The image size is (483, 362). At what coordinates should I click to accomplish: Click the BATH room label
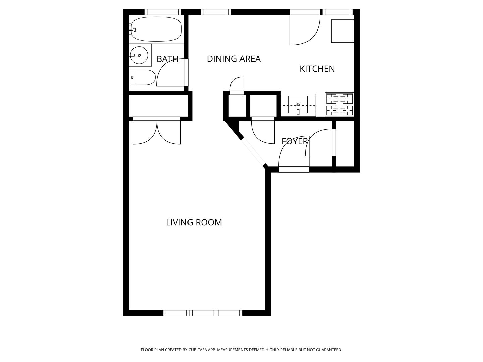pyautogui.click(x=167, y=59)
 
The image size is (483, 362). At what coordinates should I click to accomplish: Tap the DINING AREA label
pyautogui.click(x=234, y=59)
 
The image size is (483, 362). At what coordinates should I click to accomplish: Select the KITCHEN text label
pyautogui.click(x=317, y=69)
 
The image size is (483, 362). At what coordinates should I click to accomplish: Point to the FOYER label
pyautogui.click(x=294, y=141)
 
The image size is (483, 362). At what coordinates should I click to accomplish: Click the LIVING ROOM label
pyautogui.click(x=194, y=223)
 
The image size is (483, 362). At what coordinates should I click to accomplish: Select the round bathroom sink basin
pyautogui.click(x=139, y=55)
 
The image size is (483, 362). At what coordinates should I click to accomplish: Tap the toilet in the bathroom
pyautogui.click(x=142, y=77)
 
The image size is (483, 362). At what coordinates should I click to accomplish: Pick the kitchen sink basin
pyautogui.click(x=298, y=104)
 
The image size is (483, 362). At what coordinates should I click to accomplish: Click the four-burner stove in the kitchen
pyautogui.click(x=339, y=104)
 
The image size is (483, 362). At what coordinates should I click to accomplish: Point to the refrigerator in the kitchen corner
pyautogui.click(x=342, y=31)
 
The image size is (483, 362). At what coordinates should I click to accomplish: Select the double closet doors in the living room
pyautogui.click(x=157, y=131)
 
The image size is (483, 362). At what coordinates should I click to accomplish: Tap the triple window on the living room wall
pyautogui.click(x=203, y=313)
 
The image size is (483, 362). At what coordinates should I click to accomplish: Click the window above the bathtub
pyautogui.click(x=163, y=12)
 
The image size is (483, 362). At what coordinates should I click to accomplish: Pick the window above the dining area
pyautogui.click(x=216, y=12)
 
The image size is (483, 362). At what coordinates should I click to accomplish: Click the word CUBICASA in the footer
pyautogui.click(x=198, y=350)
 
